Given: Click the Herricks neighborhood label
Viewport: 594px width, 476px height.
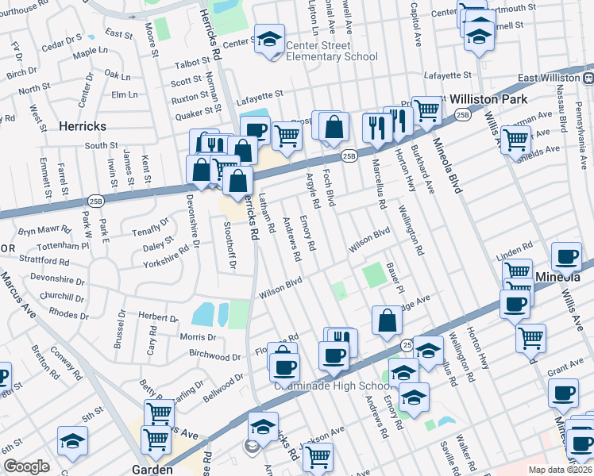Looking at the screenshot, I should click(x=83, y=126).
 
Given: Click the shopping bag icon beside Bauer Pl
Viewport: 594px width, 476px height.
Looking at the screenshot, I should click(x=387, y=321).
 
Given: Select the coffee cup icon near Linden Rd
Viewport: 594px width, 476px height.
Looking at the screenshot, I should click(x=567, y=256).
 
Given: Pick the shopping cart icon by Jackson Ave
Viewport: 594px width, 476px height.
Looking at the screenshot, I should click(x=318, y=455).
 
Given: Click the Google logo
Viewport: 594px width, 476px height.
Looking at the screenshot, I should click(x=26, y=466).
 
